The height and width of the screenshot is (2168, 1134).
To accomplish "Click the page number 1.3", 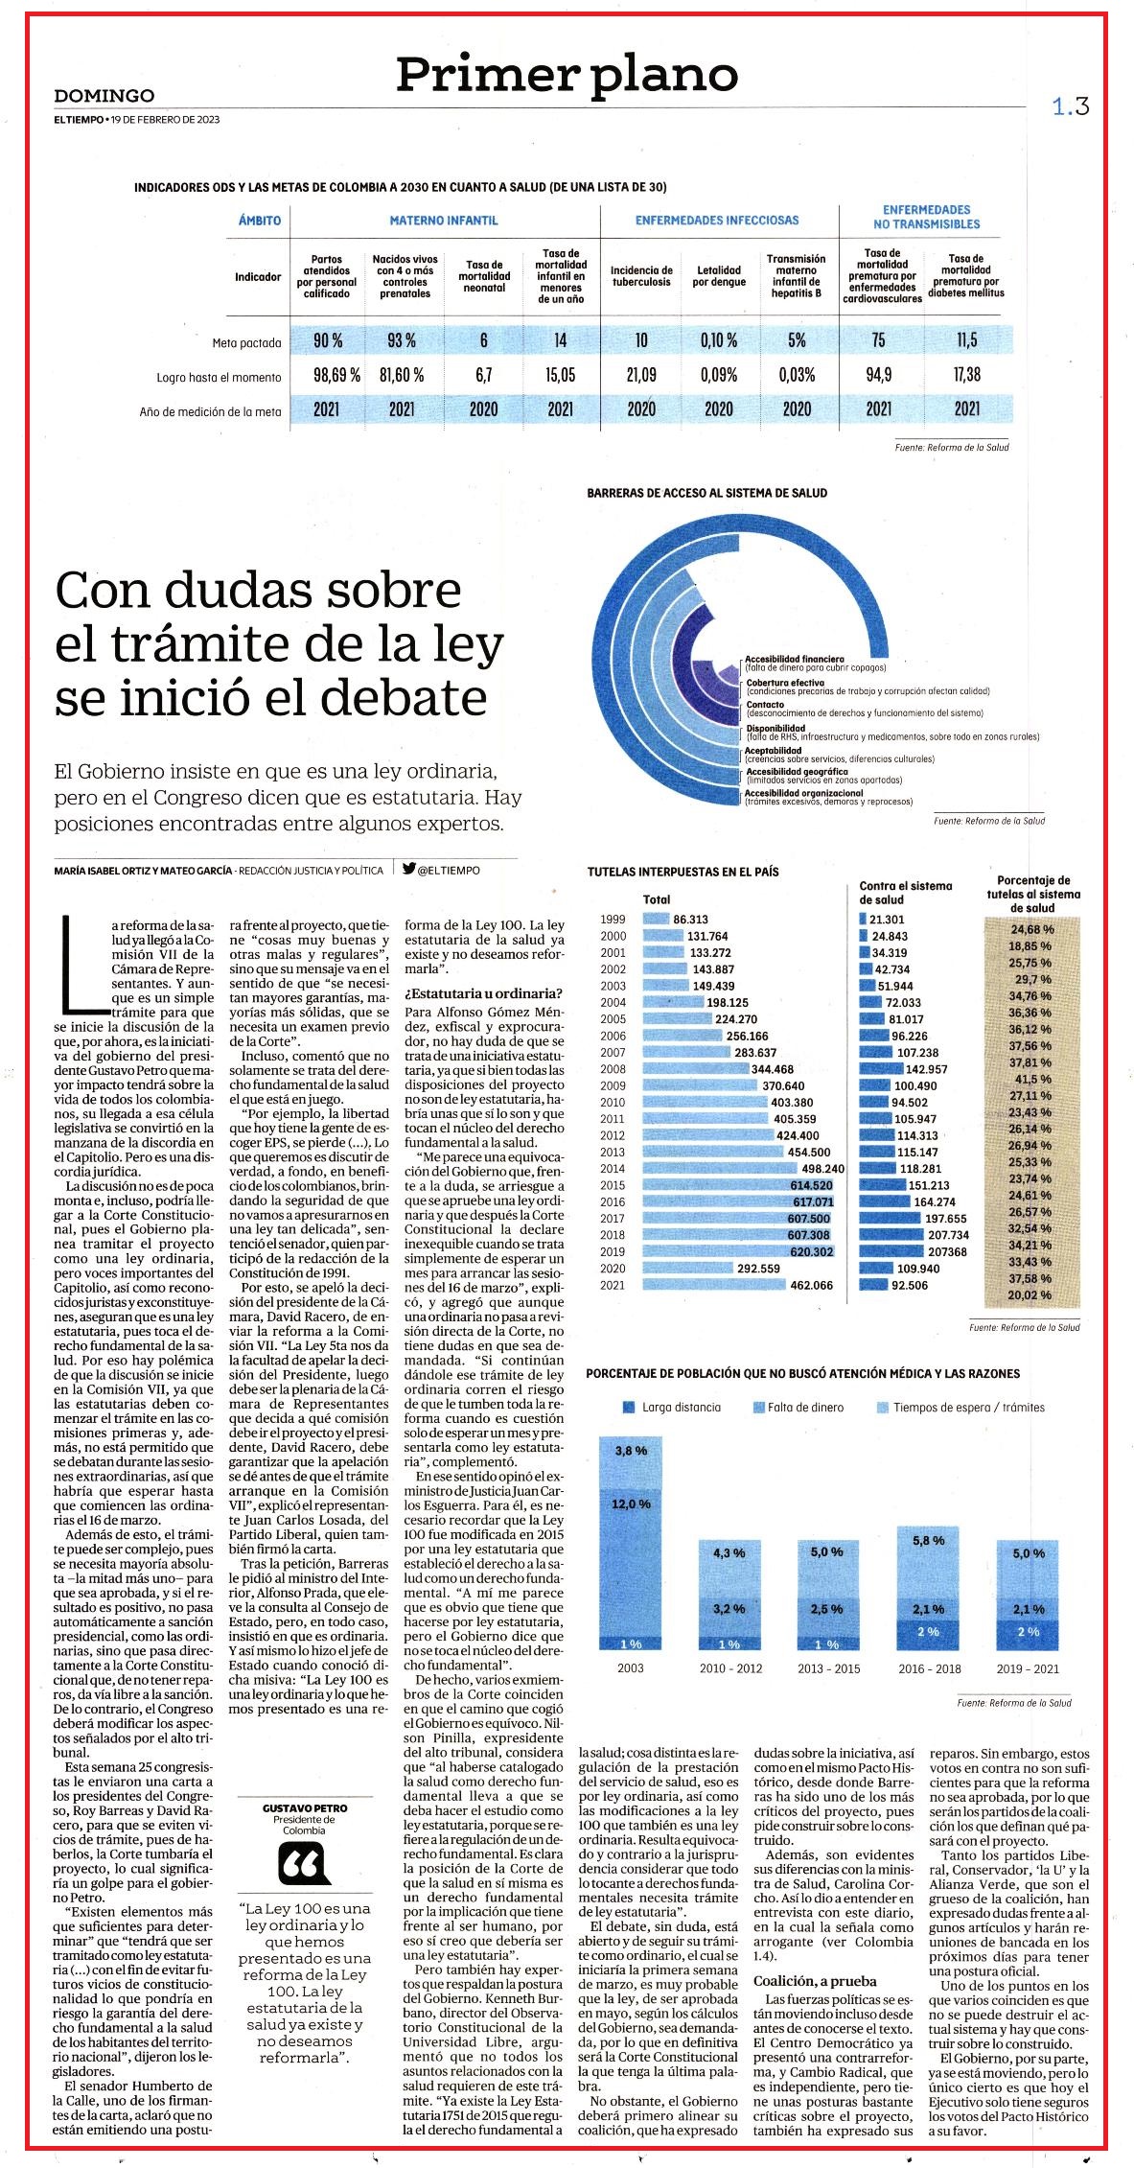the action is point(1071,107).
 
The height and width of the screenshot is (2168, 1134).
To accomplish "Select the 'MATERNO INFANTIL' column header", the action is point(444,221).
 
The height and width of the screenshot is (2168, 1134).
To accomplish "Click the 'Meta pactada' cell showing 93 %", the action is point(401,340).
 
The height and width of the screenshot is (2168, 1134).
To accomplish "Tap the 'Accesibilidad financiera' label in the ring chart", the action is point(795,660).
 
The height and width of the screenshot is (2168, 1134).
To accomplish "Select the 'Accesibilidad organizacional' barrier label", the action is point(804,793).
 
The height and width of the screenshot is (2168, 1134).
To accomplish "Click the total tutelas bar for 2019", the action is point(738,1251).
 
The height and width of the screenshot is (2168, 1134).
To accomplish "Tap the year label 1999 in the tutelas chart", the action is point(613,919).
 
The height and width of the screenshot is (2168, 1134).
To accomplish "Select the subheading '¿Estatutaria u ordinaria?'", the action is point(483,992).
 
